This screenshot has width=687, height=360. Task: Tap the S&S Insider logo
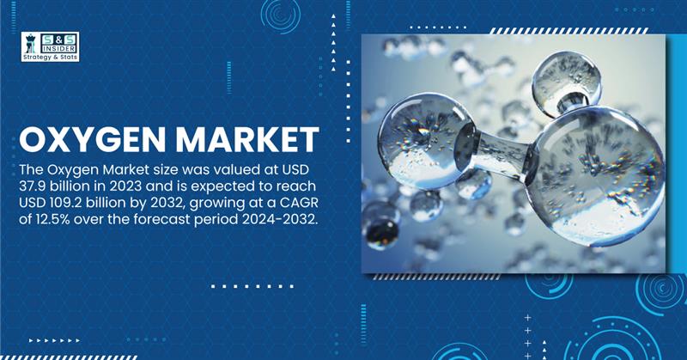click(51, 46)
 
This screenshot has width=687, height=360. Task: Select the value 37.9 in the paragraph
click(32, 186)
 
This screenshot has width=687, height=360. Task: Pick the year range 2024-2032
click(278, 219)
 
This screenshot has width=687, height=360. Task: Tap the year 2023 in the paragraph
click(125, 186)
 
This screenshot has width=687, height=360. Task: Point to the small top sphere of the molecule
click(567, 84)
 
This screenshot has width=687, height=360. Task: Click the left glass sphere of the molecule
click(425, 141)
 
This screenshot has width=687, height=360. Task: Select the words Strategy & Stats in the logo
click(51, 57)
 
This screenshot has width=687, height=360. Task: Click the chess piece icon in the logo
click(31, 44)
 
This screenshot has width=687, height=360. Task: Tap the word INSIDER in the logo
click(58, 49)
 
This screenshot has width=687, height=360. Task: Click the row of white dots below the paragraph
click(252, 286)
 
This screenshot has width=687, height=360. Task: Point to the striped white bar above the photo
click(568, 31)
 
